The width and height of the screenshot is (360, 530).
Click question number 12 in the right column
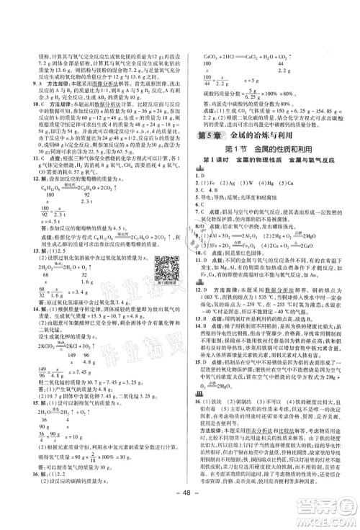[197, 308]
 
